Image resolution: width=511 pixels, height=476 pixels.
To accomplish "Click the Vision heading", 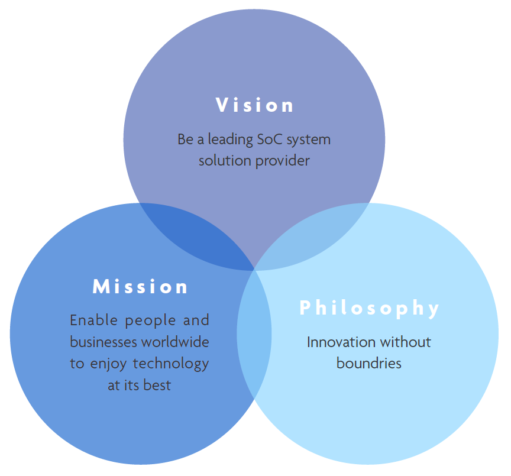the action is (x=254, y=105).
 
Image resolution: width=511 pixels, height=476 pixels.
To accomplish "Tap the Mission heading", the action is (x=140, y=287).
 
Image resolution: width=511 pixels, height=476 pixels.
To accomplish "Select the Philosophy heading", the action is (x=369, y=308).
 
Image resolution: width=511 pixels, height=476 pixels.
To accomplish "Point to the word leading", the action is (x=230, y=140).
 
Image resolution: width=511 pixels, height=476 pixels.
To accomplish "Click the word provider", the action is (x=282, y=161).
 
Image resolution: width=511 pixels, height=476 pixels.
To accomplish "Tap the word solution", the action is (x=225, y=161).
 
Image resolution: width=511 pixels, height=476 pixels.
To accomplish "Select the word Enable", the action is (x=93, y=320).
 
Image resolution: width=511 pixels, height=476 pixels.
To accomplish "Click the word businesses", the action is (x=104, y=342).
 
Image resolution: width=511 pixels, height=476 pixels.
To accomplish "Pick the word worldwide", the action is (x=175, y=342).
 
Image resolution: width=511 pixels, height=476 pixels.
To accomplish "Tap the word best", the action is (x=157, y=386).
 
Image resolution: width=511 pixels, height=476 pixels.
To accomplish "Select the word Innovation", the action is (x=341, y=342).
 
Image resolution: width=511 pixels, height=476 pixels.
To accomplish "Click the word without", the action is (x=405, y=342).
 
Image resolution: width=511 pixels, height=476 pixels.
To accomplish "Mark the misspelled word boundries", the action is (x=369, y=364).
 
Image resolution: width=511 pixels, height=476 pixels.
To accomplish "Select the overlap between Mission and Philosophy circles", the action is (x=254, y=334).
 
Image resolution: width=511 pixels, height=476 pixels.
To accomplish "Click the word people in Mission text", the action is (x=151, y=321).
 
